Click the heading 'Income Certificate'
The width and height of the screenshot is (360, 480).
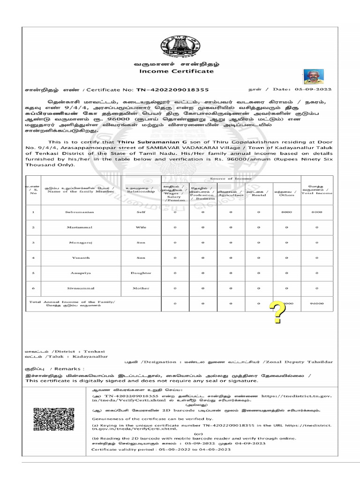point(176,71)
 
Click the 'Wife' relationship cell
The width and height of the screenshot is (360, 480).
point(141,227)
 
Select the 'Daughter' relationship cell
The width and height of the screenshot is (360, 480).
point(141,273)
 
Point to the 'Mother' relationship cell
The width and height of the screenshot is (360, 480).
point(141,288)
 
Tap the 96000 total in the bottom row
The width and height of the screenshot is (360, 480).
point(317,304)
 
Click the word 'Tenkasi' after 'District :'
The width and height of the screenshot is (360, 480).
point(95,351)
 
